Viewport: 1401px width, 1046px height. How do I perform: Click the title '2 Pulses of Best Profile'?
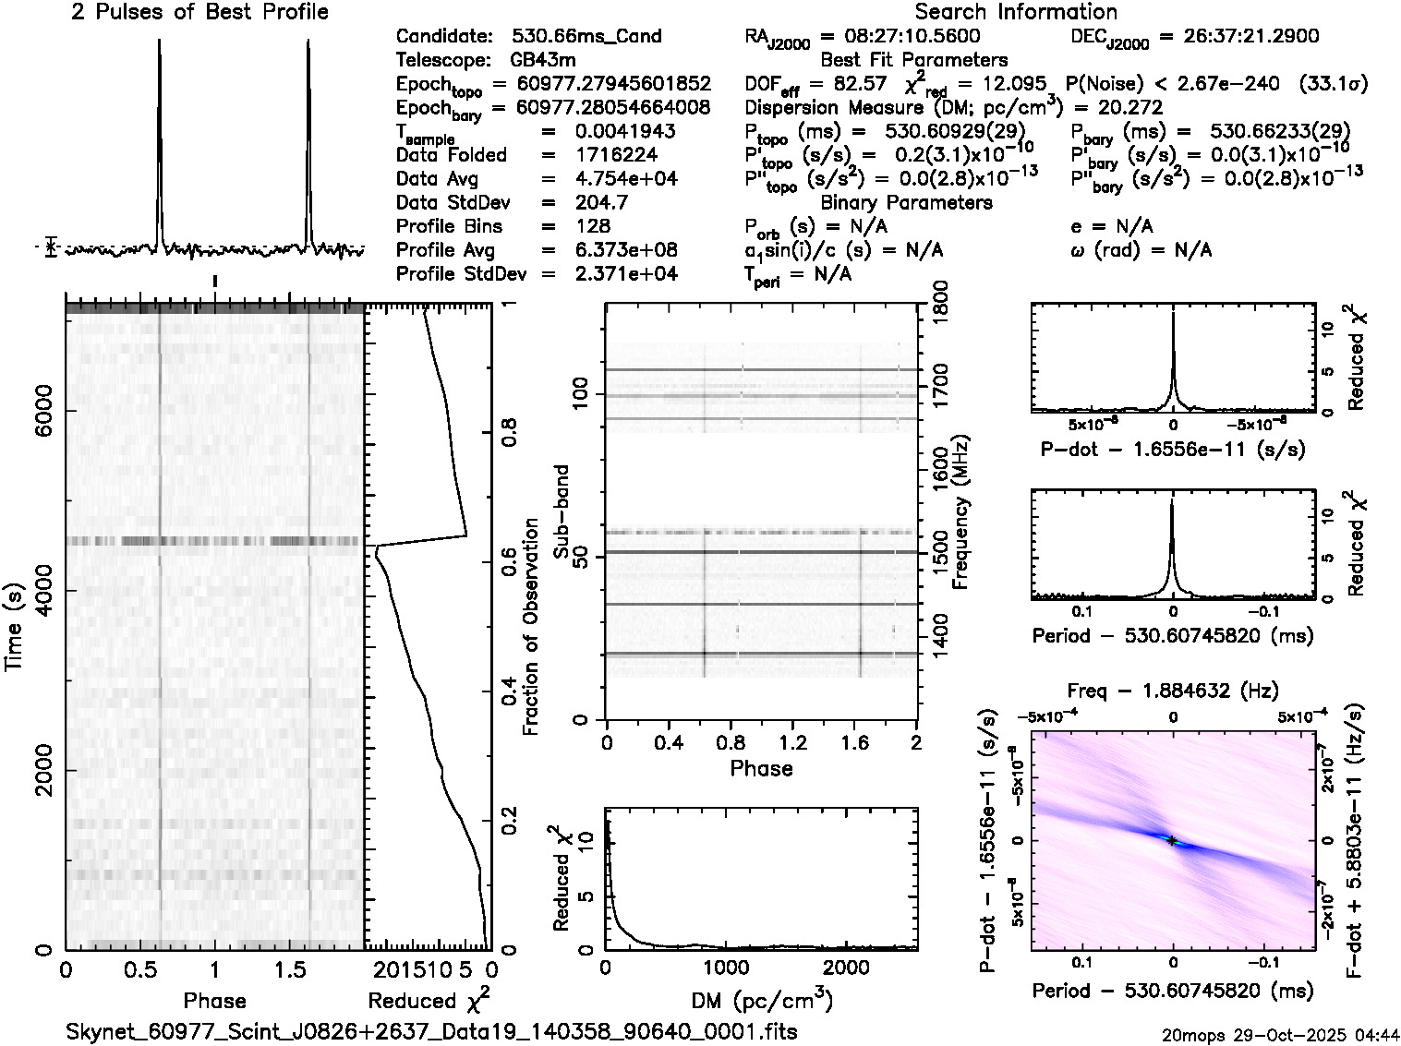click(x=199, y=12)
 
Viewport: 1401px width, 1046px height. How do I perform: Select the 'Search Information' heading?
click(x=1015, y=12)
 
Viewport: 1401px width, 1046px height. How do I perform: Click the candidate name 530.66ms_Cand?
click(x=586, y=36)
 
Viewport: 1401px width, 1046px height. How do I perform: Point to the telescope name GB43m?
click(x=540, y=60)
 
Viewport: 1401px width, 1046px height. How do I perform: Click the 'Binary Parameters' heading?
click(x=906, y=202)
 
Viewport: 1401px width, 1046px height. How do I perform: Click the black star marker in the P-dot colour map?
click(x=1172, y=840)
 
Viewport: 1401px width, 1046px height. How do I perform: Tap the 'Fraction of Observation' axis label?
click(x=530, y=627)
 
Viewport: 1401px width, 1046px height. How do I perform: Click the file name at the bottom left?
click(x=432, y=1031)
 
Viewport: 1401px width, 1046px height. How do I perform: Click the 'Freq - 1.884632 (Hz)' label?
click(x=1173, y=691)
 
